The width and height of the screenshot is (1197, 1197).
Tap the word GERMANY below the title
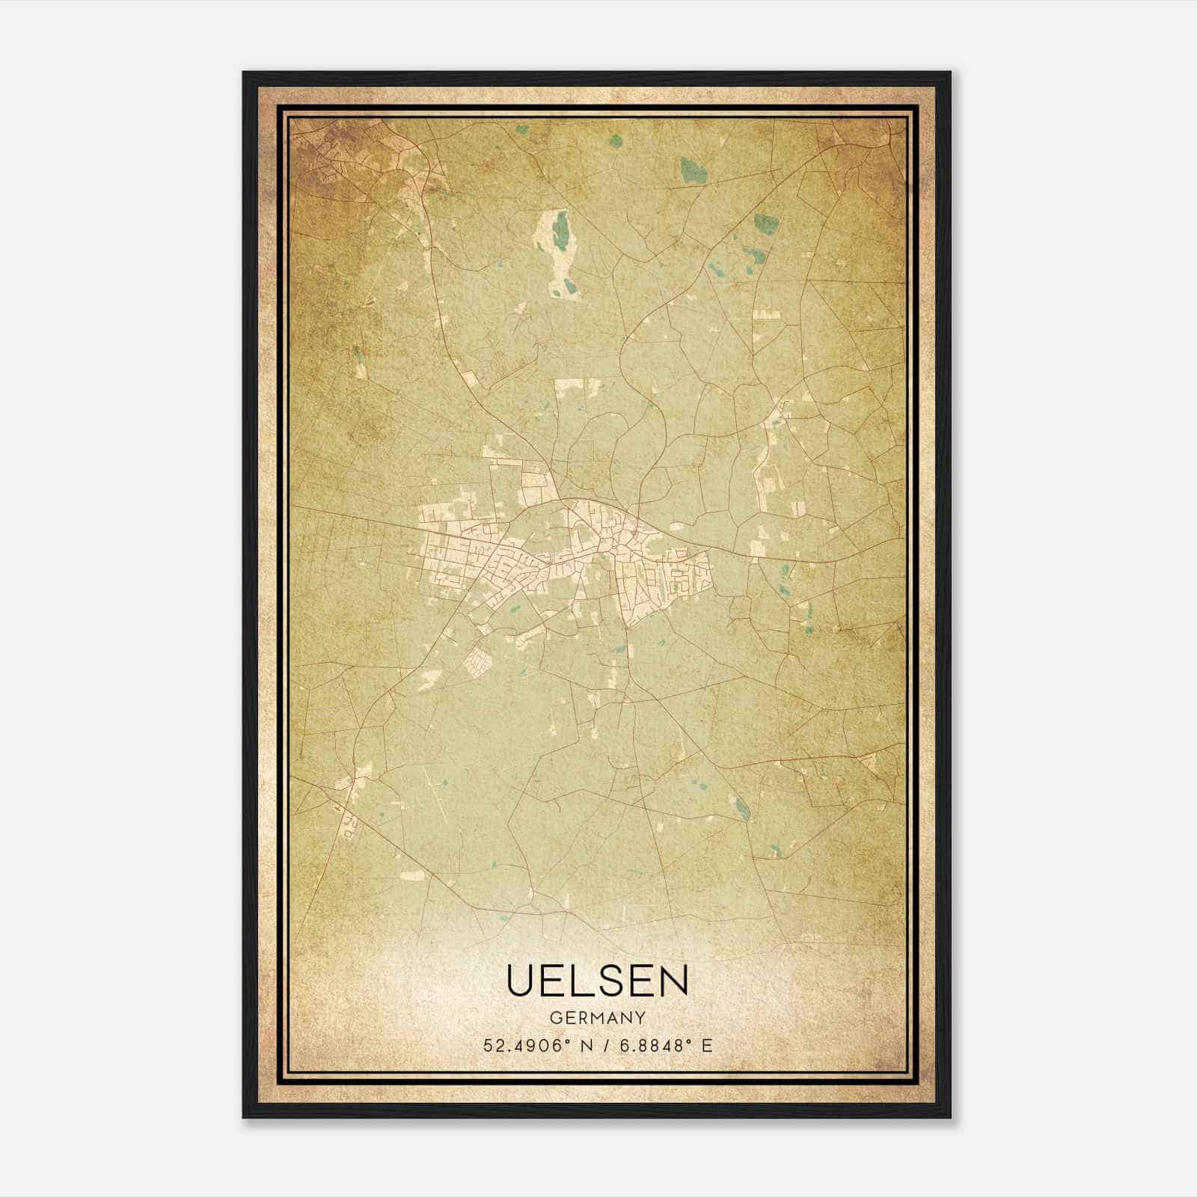(597, 1017)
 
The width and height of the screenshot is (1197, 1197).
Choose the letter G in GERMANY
(554, 1017)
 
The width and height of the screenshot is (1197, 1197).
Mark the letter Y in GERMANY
(641, 1017)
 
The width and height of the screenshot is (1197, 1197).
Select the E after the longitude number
(707, 1046)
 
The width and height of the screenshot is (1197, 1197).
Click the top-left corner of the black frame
(244, 73)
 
